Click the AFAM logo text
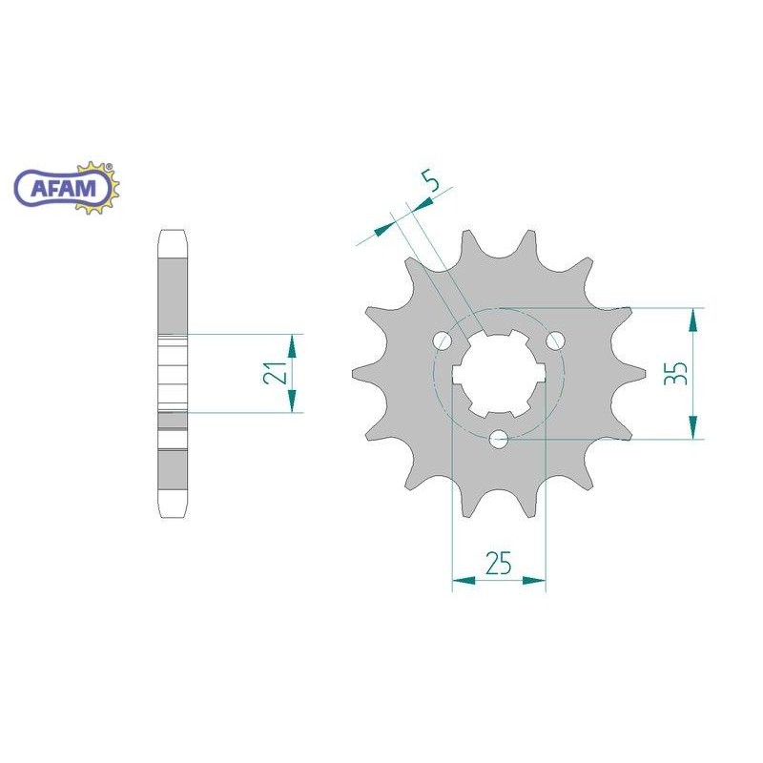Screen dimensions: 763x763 click(x=64, y=188)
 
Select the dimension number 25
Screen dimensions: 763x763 click(x=499, y=563)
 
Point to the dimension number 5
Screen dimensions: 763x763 click(x=430, y=180)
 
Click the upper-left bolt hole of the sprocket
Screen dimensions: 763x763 click(x=443, y=340)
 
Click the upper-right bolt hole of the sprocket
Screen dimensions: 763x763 click(x=555, y=340)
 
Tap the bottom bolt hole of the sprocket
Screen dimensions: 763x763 click(x=499, y=440)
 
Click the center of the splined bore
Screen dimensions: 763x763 click(x=499, y=374)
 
